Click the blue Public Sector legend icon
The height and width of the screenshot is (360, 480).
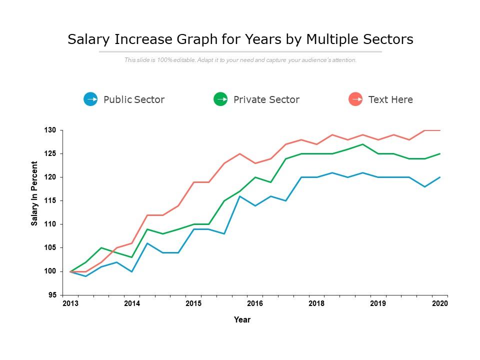90,99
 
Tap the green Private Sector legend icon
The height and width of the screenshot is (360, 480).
220,99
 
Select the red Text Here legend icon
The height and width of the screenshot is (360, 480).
355,99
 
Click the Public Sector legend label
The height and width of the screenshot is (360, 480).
134,99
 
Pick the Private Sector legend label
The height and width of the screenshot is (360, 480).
266,99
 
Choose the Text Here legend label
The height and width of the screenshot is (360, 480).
390,99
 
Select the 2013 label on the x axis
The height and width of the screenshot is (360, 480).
70,303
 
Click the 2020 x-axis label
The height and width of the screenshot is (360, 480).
440,303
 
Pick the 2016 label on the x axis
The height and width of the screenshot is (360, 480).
255,303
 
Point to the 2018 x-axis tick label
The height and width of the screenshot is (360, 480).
316,303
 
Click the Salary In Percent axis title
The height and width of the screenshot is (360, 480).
34,193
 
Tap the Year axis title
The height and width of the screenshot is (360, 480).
242,320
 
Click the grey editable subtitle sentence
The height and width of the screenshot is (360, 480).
240,60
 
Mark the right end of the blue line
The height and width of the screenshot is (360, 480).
440,177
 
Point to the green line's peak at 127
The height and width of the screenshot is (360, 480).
362,144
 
